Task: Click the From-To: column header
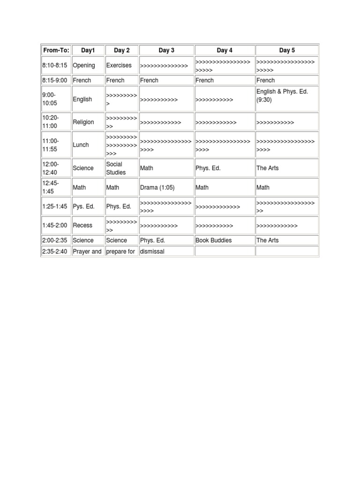56,50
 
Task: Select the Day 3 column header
166,50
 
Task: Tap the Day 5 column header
287,50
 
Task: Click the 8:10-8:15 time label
55,66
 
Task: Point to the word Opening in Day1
84,66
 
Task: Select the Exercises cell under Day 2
119,66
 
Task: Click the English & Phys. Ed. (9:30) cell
282,96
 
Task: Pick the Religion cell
83,122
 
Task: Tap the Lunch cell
81,145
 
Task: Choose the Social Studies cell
116,168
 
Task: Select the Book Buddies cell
213,240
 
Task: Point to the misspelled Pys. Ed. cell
83,207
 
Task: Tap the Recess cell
82,225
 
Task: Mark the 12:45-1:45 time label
51,187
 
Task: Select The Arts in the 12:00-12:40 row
267,168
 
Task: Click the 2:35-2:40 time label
55,252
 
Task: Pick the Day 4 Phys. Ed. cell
208,168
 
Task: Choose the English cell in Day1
82,99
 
